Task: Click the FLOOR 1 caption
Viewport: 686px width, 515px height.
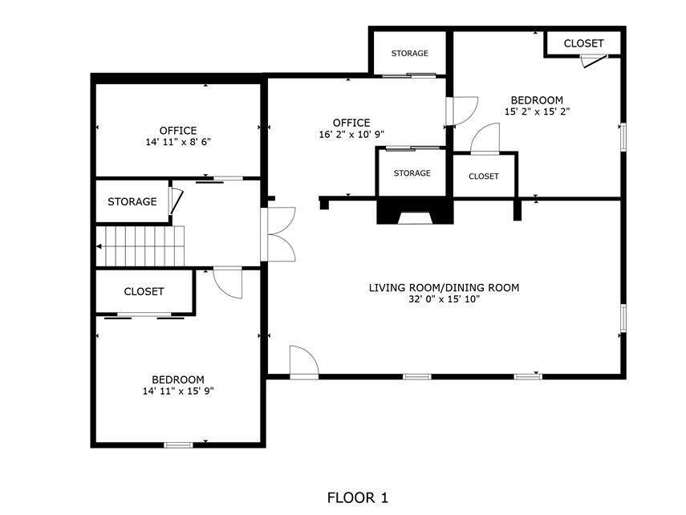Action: [358, 498]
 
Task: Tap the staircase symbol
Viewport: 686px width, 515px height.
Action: [141, 245]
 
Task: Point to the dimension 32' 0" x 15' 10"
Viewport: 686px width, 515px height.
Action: [444, 300]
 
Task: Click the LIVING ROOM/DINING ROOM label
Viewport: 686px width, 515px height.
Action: [444, 287]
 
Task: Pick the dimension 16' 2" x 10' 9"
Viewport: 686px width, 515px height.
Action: [351, 135]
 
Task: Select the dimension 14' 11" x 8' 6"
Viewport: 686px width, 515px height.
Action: [177, 142]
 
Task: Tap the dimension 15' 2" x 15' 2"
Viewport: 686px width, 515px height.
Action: [537, 112]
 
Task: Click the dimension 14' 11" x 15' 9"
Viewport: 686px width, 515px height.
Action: [177, 391]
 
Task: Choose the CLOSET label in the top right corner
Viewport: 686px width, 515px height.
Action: [583, 43]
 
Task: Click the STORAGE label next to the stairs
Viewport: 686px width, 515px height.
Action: [132, 201]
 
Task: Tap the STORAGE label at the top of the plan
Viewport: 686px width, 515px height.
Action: [409, 54]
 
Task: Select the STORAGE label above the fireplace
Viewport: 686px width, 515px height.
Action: [412, 173]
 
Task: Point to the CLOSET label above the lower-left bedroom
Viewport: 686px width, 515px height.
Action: [144, 292]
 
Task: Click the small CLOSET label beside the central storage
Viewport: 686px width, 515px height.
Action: [483, 176]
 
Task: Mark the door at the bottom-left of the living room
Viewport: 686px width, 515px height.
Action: [304, 361]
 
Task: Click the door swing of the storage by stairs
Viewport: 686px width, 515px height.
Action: [177, 201]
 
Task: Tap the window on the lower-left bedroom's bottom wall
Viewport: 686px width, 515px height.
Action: [178, 444]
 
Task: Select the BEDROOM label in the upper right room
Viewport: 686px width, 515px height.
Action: [537, 100]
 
